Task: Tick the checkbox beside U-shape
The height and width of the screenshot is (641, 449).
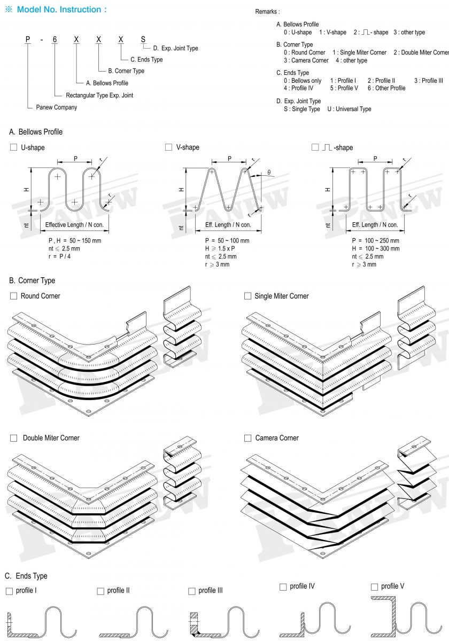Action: [x=14, y=147]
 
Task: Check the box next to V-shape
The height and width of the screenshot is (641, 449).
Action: [x=169, y=147]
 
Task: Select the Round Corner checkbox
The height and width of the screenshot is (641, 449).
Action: [x=14, y=296]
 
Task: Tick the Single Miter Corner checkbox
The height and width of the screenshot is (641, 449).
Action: [x=247, y=296]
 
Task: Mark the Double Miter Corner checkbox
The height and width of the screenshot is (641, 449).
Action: [x=14, y=438]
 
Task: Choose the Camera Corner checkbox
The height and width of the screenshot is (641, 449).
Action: [x=247, y=438]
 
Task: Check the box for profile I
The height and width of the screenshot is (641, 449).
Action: [x=9, y=591]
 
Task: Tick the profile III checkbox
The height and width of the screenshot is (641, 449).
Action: [x=192, y=591]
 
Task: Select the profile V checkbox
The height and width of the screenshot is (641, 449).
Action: [x=375, y=587]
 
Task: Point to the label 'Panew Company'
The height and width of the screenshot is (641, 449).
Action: [x=56, y=107]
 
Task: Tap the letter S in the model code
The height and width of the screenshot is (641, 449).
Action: [x=142, y=40]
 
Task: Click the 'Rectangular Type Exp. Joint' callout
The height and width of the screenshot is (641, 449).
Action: [x=99, y=96]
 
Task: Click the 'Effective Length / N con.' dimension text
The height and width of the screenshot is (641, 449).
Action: [x=74, y=225]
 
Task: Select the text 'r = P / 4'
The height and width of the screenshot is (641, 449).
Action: [x=60, y=257]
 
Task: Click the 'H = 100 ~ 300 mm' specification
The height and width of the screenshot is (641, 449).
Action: [x=375, y=249]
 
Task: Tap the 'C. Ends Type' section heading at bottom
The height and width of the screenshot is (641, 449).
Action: [x=26, y=576]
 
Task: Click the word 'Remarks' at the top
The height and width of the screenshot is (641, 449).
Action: [x=267, y=12]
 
